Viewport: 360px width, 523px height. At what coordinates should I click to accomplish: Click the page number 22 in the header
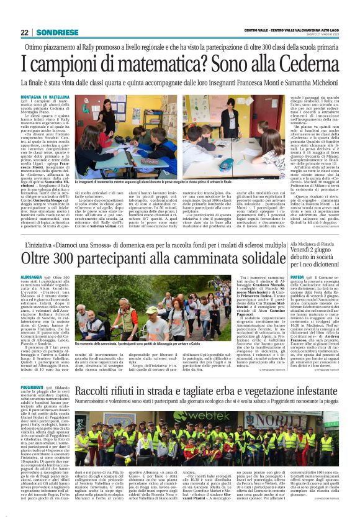click(x=24, y=32)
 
